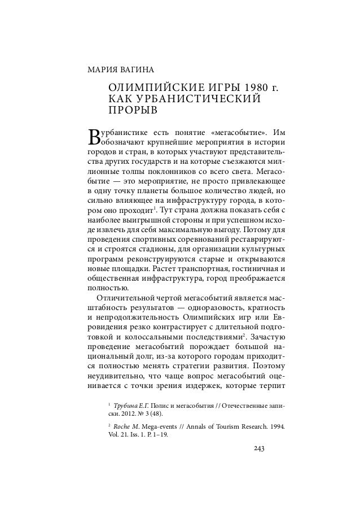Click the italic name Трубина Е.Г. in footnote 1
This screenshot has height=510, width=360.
pyautogui.click(x=133, y=405)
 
